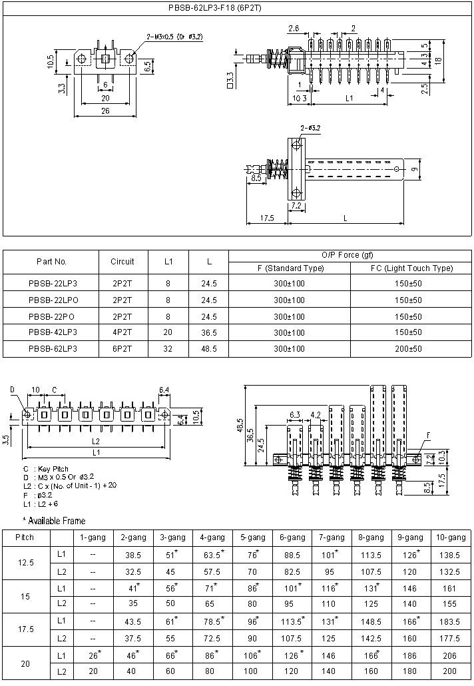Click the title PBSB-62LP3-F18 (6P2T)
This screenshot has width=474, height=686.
[x=237, y=9]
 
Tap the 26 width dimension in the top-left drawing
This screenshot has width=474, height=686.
[x=105, y=111]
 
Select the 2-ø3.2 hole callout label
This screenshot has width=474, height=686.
[x=310, y=127]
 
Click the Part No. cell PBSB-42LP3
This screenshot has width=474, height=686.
[x=52, y=332]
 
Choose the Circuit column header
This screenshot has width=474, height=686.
[x=122, y=262]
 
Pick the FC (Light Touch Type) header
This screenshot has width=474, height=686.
[x=411, y=268]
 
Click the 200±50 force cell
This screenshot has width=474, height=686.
[x=408, y=348]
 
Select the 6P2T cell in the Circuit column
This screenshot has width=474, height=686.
[x=122, y=348]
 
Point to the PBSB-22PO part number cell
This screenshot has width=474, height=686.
[x=52, y=316]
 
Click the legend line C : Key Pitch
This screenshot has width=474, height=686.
[x=45, y=469]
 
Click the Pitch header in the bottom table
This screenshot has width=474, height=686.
[x=25, y=537]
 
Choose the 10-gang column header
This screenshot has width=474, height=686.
[x=449, y=537]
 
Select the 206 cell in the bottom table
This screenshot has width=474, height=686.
[x=449, y=656]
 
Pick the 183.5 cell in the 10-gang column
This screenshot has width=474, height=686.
[x=449, y=621]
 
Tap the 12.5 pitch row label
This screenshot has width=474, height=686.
[x=25, y=563]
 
